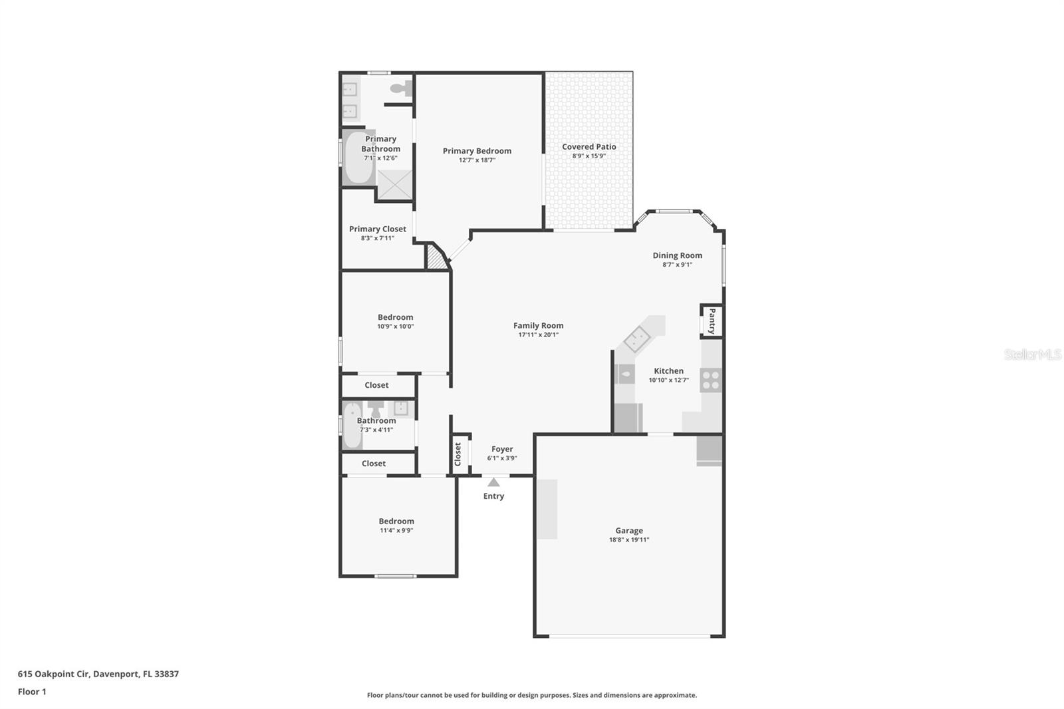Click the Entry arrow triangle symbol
pyautogui.click(x=493, y=482)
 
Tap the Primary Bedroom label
pyautogui.click(x=477, y=151)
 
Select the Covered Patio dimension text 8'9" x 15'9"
pyautogui.click(x=589, y=156)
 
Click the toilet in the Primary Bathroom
pyautogui.click(x=401, y=88)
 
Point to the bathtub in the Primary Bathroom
pyautogui.click(x=358, y=158)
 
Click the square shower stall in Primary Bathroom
pyautogui.click(x=395, y=184)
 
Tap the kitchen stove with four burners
pyautogui.click(x=711, y=380)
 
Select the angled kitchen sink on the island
pyautogui.click(x=636, y=339)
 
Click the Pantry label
pyautogui.click(x=712, y=321)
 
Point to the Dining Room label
pyautogui.click(x=677, y=255)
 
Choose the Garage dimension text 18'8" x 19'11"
pyautogui.click(x=629, y=540)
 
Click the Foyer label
pyautogui.click(x=502, y=449)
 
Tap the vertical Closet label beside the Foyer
pyautogui.click(x=458, y=454)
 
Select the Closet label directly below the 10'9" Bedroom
pyautogui.click(x=376, y=385)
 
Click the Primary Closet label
pyautogui.click(x=377, y=229)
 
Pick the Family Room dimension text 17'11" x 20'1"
pyautogui.click(x=538, y=335)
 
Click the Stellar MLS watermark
pyautogui.click(x=1032, y=354)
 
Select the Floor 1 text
pyautogui.click(x=32, y=692)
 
